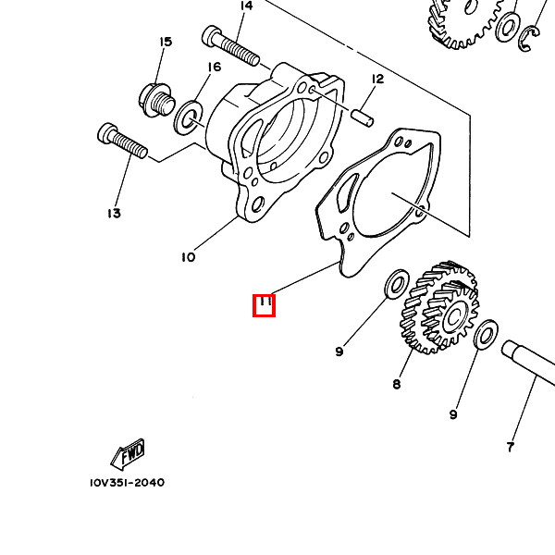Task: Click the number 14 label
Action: (x=246, y=6)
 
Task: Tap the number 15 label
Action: (x=166, y=42)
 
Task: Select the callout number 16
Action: (x=214, y=68)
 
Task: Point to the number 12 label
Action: (x=377, y=80)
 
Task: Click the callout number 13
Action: (x=114, y=214)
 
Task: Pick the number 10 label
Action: (x=188, y=257)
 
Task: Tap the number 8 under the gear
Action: (x=397, y=383)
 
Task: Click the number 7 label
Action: (x=510, y=448)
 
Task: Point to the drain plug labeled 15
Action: (x=155, y=96)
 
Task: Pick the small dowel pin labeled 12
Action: (x=363, y=117)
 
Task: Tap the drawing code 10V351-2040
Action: (x=128, y=483)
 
